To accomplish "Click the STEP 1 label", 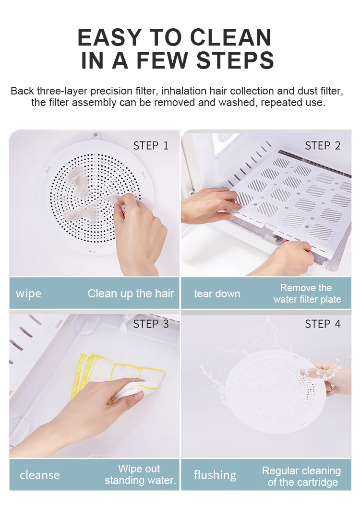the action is coord(151,146).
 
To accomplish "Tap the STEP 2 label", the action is coord(323,146).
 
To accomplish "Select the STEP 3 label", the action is coord(151,324).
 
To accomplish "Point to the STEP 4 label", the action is coord(323,324).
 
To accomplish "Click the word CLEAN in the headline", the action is coord(231,37).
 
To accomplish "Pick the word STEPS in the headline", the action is coord(235,60).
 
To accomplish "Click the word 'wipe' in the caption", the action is coord(28,294).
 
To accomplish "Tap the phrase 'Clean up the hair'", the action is coord(131,294).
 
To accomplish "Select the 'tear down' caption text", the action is coord(217,294).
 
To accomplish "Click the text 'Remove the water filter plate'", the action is coord(307,294).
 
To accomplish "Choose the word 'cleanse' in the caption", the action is coord(40,475).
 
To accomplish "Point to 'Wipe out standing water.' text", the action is coord(140,474).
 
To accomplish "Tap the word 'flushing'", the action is coord(215,475).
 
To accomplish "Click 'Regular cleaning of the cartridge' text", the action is coord(301,476).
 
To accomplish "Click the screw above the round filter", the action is coord(96,135).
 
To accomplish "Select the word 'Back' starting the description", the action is coord(23,91).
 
